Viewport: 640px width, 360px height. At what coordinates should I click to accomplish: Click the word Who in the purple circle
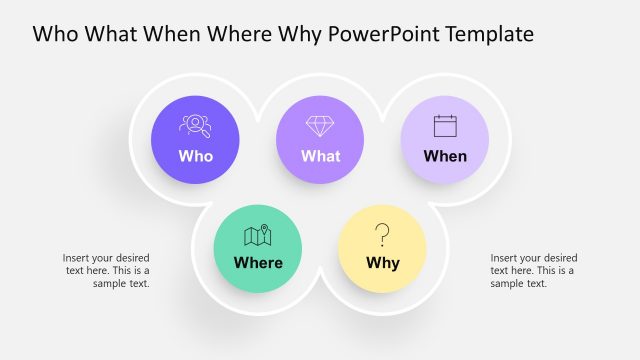pyautogui.click(x=195, y=156)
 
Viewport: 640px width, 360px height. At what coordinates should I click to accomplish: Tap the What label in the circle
pyautogui.click(x=320, y=156)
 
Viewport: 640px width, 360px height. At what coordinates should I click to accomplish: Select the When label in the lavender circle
pyautogui.click(x=445, y=156)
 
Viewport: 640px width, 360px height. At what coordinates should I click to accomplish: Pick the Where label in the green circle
pyautogui.click(x=258, y=263)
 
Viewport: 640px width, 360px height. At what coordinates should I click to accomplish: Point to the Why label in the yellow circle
pyautogui.click(x=382, y=263)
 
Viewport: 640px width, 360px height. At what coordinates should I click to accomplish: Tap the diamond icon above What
pyautogui.click(x=320, y=126)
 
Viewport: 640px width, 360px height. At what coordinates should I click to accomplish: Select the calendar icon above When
pyautogui.click(x=445, y=126)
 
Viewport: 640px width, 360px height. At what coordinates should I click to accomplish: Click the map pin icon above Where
pyautogui.click(x=258, y=235)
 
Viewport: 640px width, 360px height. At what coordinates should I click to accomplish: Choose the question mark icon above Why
pyautogui.click(x=382, y=235)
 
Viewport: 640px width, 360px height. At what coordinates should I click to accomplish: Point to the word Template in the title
pyautogui.click(x=489, y=34)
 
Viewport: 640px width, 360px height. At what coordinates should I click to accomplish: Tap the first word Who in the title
pyautogui.click(x=55, y=34)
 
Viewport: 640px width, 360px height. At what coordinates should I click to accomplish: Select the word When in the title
pyautogui.click(x=176, y=34)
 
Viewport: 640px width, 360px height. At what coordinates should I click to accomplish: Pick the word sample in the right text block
pyautogui.click(x=505, y=283)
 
